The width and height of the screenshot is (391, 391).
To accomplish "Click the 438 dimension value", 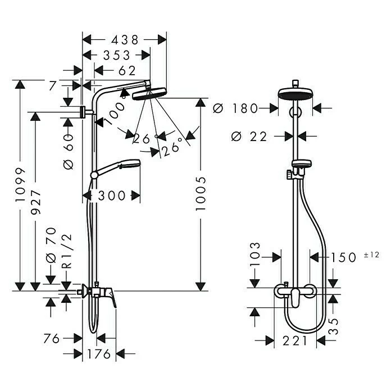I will [124, 40].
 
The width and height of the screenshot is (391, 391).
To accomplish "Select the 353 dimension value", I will [116, 55].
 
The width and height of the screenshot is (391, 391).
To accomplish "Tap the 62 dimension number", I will [128, 71].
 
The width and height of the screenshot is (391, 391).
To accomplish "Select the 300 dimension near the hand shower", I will [111, 195].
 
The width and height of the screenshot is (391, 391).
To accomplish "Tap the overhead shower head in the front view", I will [294, 96].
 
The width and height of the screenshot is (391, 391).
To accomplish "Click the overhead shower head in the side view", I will [150, 93].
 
